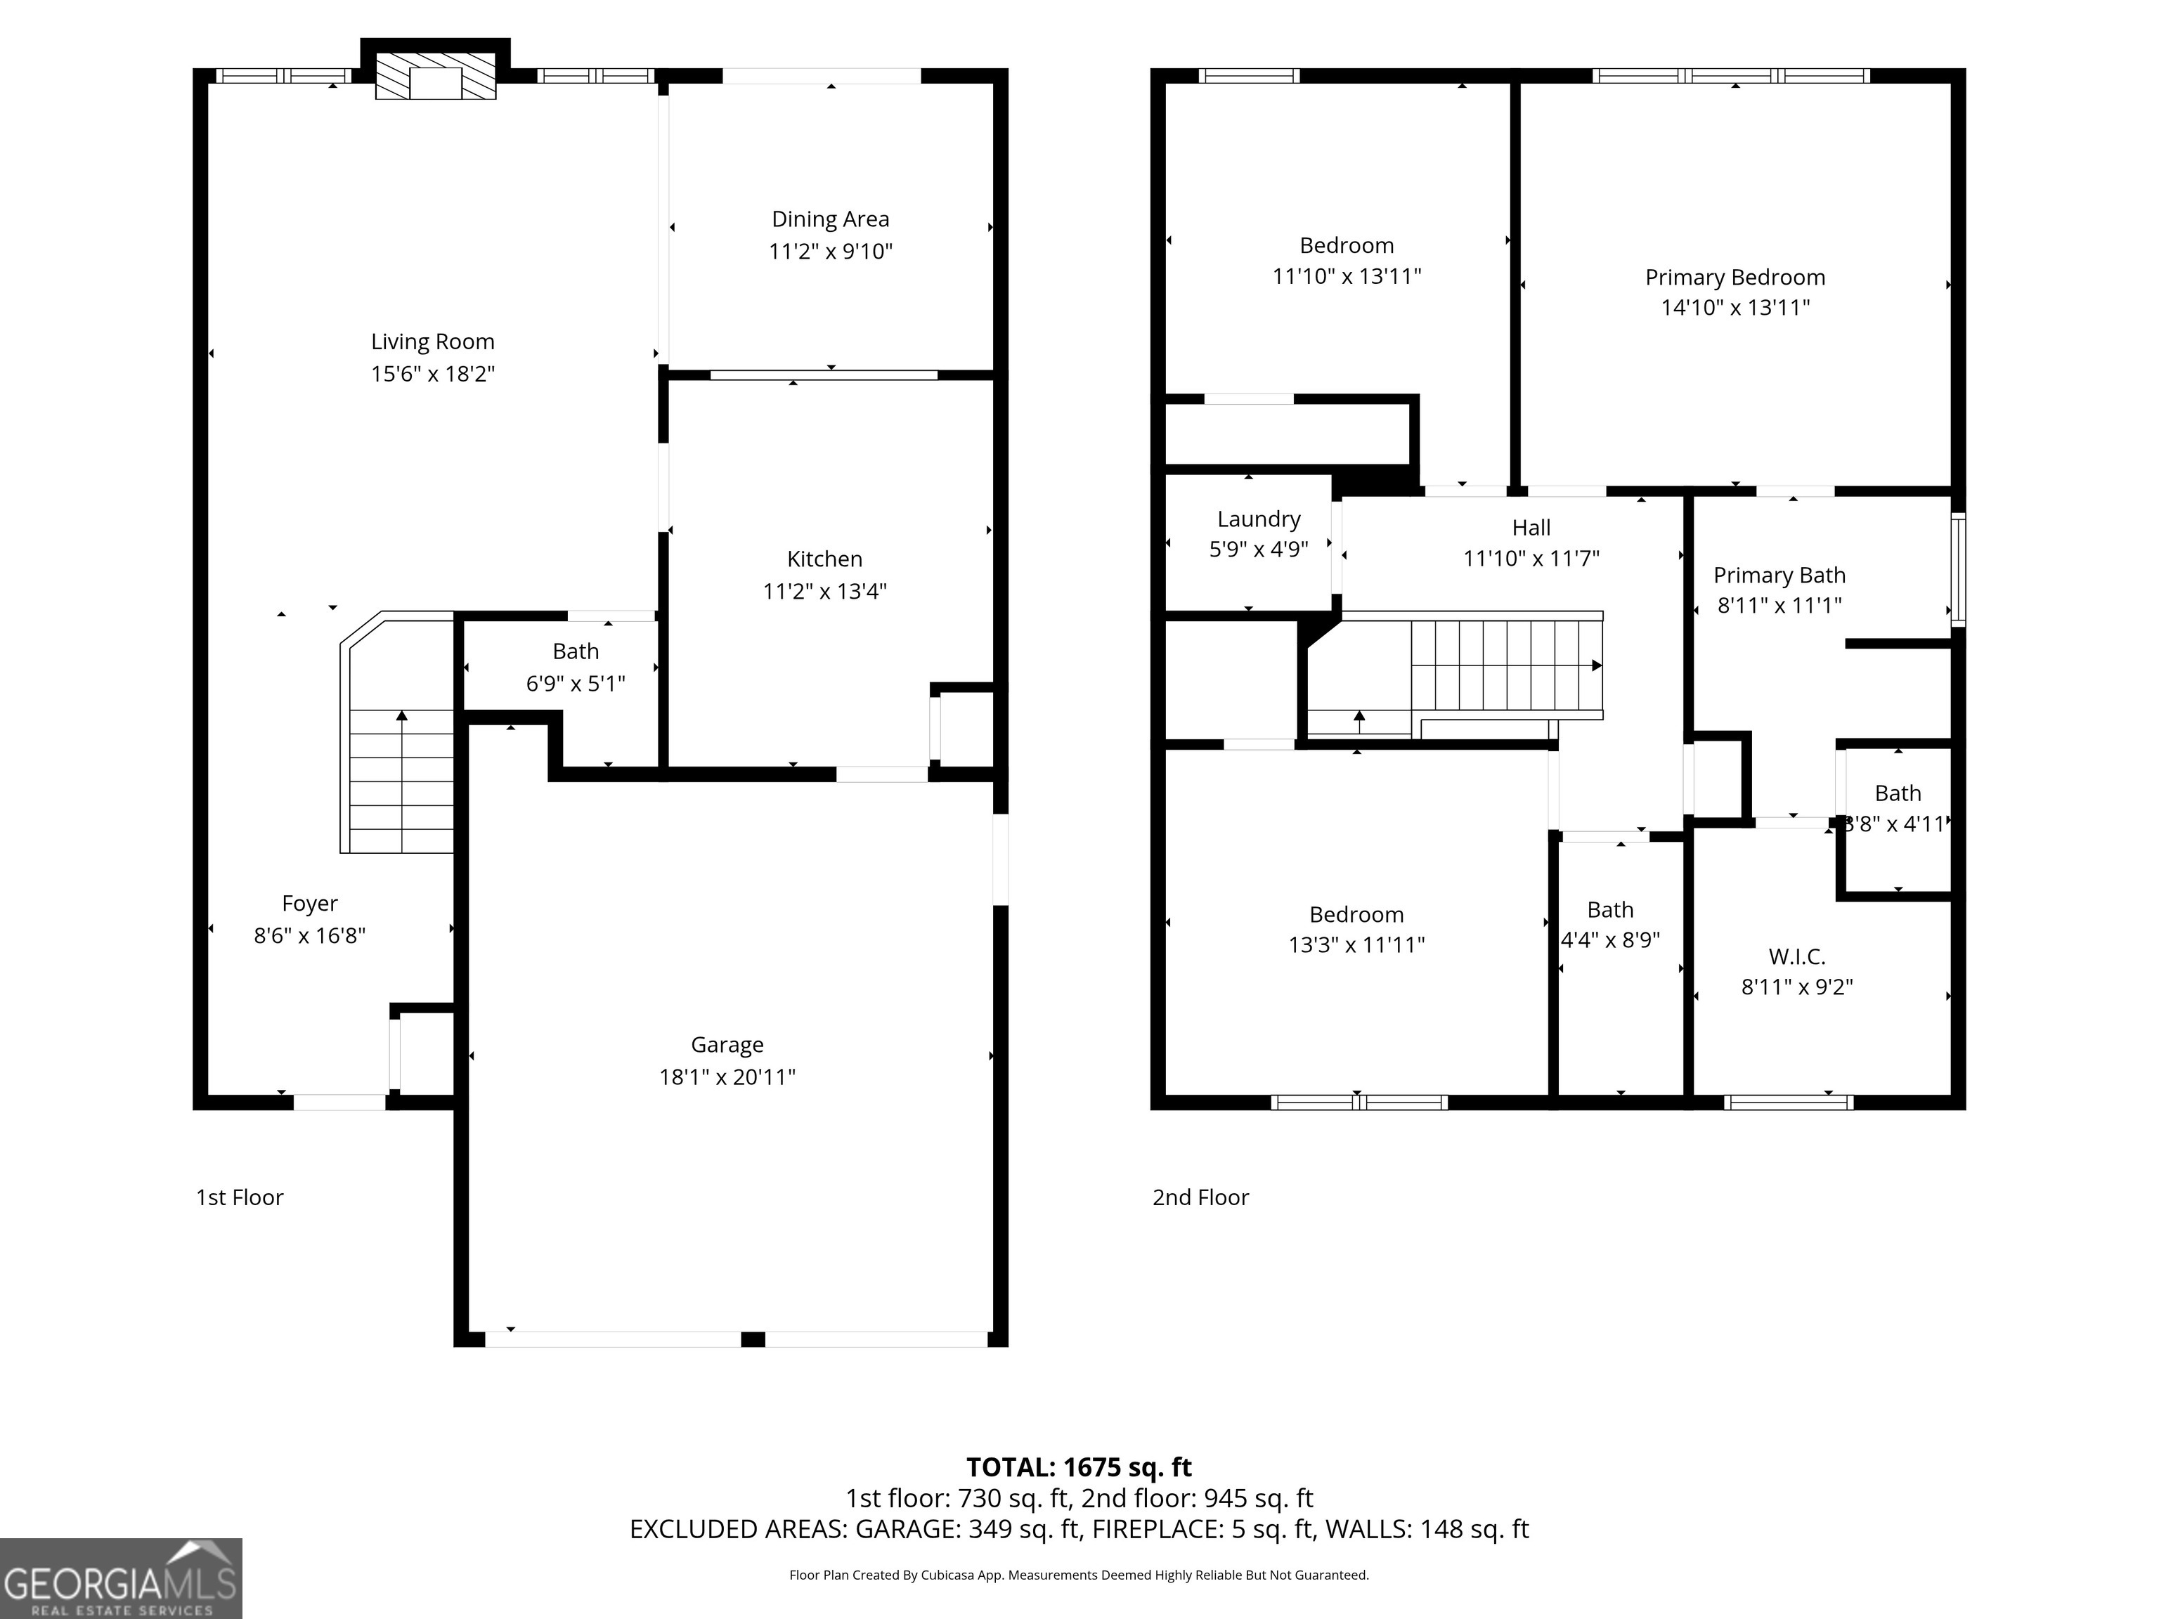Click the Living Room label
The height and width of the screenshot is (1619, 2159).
point(432,342)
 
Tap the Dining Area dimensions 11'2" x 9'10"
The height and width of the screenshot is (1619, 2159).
point(831,252)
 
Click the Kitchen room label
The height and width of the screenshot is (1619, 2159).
point(825,559)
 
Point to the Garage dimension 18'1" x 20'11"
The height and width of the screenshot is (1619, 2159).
point(727,1077)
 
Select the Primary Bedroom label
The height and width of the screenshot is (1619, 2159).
point(1735,277)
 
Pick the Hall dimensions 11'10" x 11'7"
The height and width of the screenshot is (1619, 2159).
point(1531,558)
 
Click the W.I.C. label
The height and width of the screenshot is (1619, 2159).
point(1797,956)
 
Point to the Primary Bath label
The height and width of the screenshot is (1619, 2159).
point(1779,575)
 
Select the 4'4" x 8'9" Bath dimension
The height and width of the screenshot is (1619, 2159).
point(1611,939)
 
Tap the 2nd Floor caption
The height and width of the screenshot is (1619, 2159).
point(1200,1197)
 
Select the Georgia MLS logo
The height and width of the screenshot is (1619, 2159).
point(121,1579)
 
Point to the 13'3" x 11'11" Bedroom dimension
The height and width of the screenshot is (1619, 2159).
point(1356,944)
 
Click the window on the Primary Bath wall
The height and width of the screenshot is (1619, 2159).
point(1958,569)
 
